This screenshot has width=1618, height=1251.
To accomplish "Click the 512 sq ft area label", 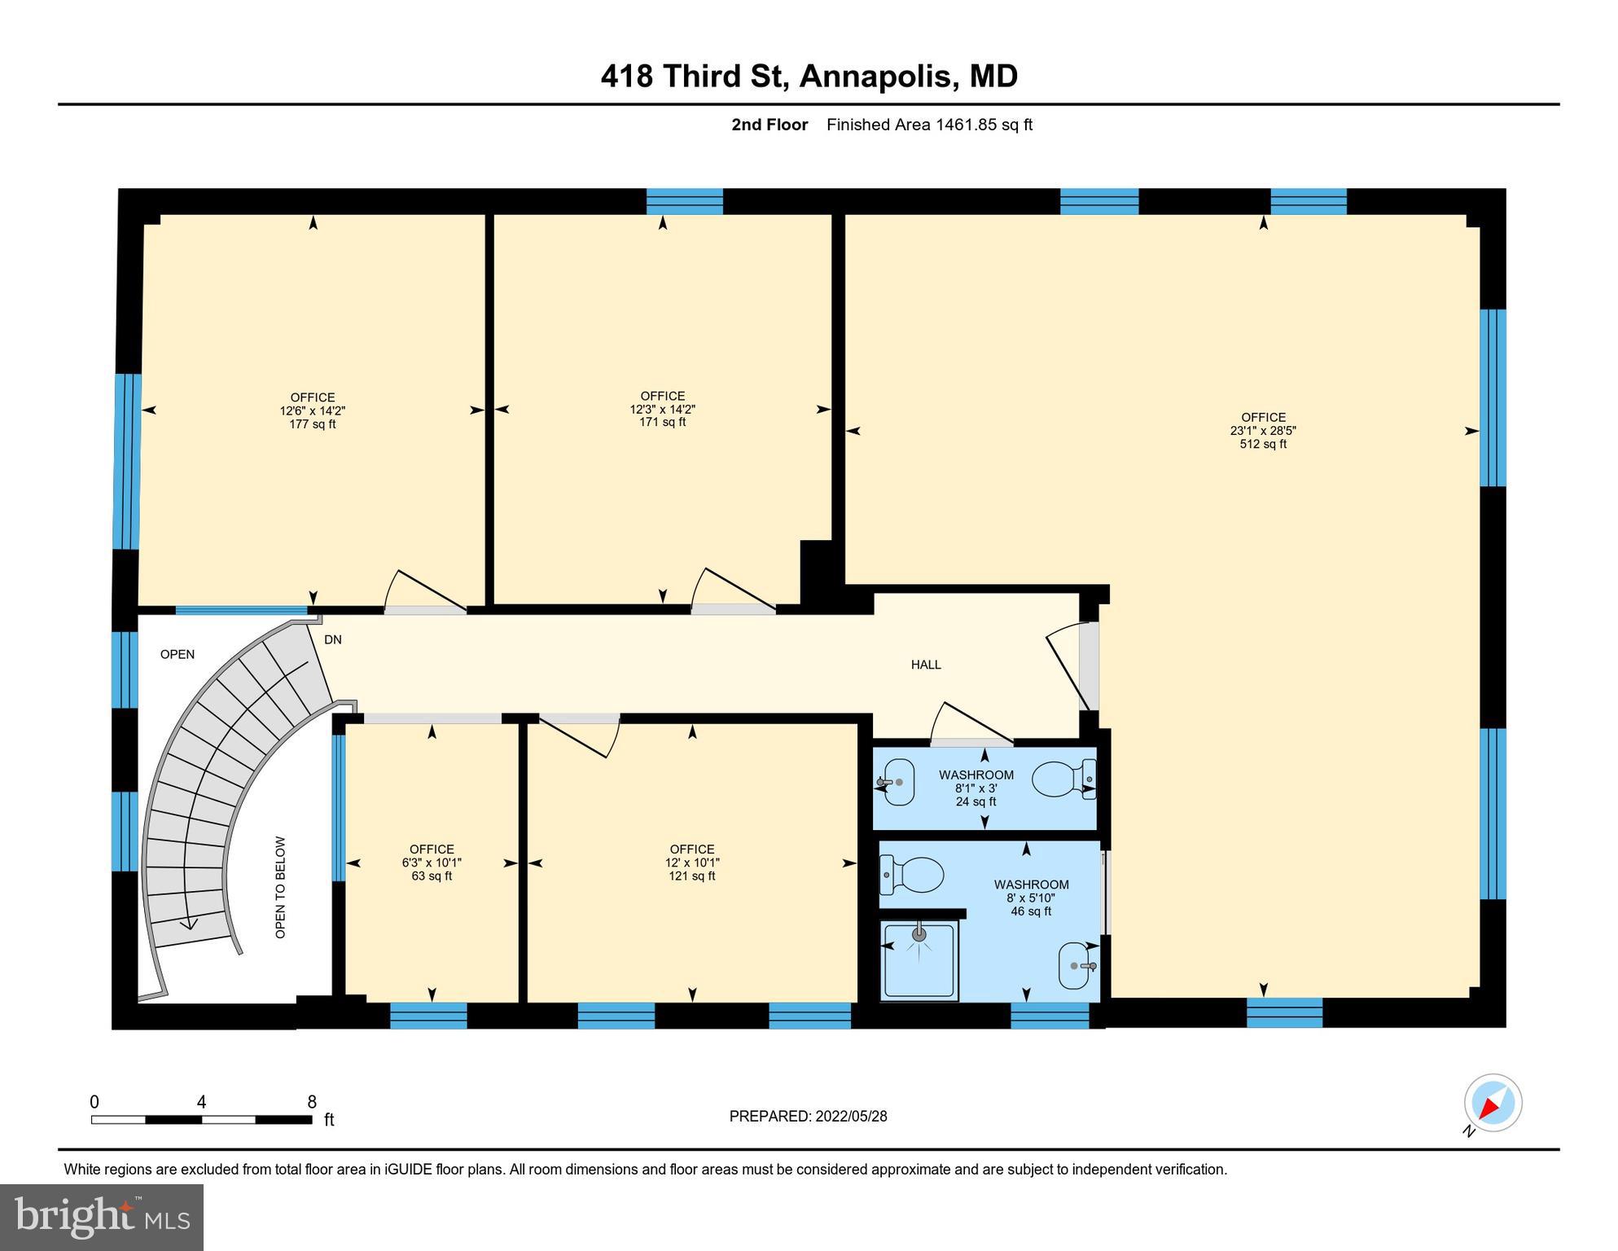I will [x=1263, y=445].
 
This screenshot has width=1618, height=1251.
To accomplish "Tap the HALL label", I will [x=926, y=665].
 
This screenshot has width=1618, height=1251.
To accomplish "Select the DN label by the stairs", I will [x=332, y=640].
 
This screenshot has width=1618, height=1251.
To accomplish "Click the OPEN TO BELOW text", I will [x=280, y=887].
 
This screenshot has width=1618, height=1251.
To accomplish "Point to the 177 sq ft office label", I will [x=313, y=424].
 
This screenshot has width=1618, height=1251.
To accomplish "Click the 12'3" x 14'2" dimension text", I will [x=662, y=410].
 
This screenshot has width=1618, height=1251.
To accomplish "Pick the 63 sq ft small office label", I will [x=432, y=876].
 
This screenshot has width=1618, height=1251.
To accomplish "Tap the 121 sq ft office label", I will [x=692, y=876].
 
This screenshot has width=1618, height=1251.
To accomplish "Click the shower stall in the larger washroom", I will [x=919, y=959].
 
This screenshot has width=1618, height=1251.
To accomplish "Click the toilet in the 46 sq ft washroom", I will [x=913, y=874].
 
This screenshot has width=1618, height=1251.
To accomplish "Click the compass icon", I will [x=1493, y=1104].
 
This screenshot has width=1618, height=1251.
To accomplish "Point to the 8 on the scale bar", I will [x=312, y=1102].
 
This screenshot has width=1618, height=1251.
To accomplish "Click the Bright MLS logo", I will [x=102, y=1217].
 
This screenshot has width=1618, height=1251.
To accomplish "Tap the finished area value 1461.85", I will [x=966, y=125].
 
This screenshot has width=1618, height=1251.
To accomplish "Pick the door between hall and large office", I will [x=1068, y=666].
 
